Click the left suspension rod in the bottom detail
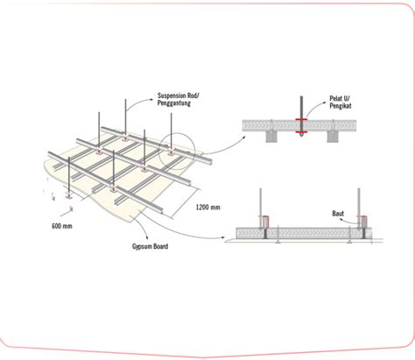261,203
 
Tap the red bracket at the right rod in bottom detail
360,230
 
